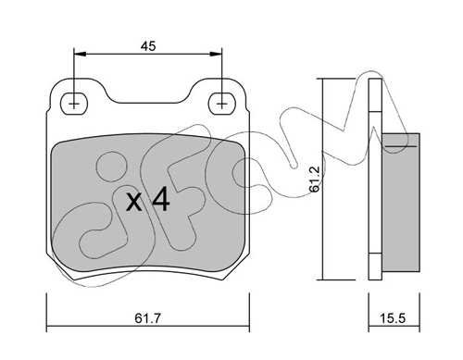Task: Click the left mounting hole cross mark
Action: [73, 101]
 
